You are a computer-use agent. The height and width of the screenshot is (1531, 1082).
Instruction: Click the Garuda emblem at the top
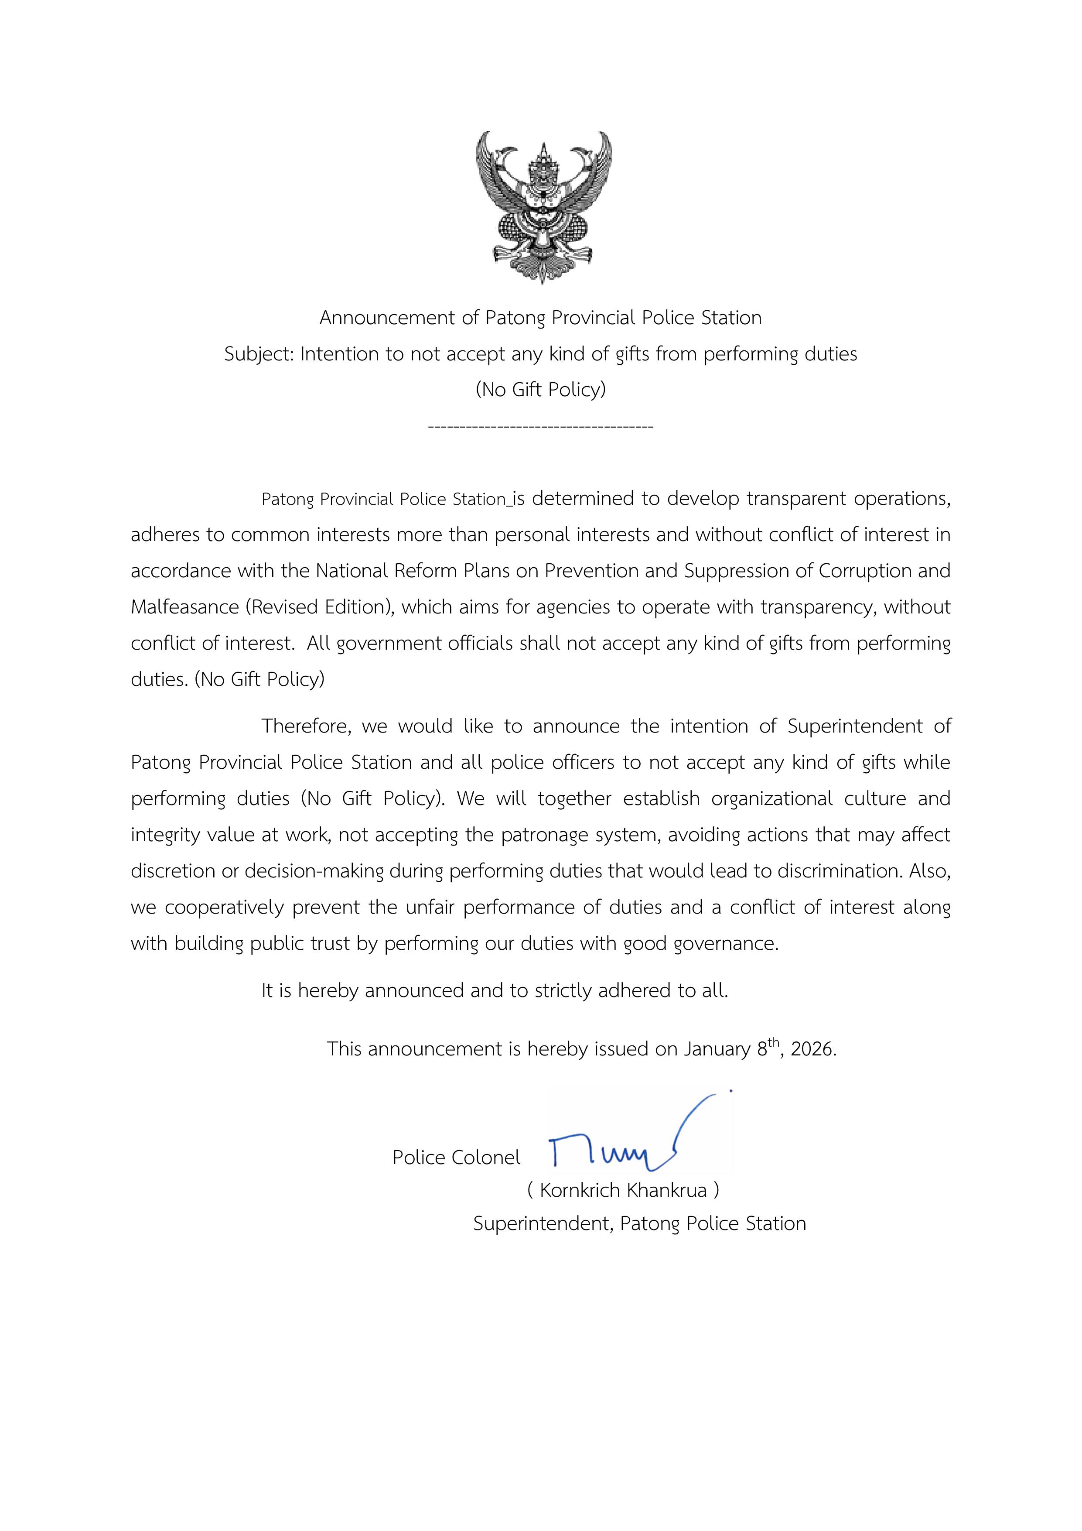543,207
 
